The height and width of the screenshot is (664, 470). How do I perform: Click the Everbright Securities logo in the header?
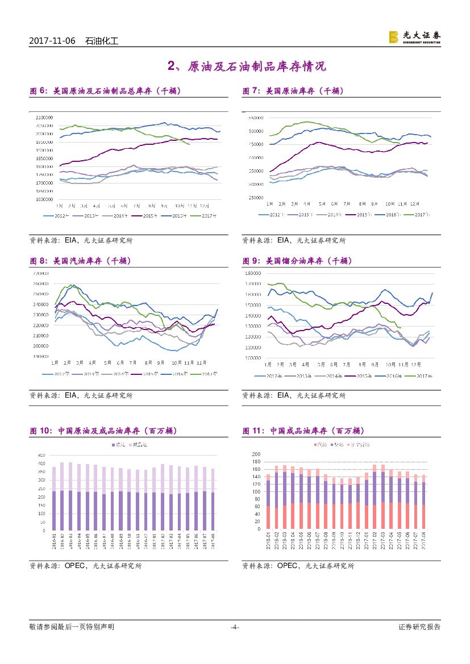(x=414, y=37)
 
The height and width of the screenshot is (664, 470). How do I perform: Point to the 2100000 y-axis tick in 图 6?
(x=44, y=118)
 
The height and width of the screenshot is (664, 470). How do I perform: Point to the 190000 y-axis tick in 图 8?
(x=40, y=357)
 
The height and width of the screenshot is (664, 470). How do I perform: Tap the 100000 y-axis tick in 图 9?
(x=252, y=358)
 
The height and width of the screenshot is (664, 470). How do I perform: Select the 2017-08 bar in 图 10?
(x=212, y=499)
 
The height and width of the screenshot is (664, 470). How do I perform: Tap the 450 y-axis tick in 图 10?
(x=41, y=455)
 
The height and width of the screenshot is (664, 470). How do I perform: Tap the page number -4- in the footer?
(x=234, y=627)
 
